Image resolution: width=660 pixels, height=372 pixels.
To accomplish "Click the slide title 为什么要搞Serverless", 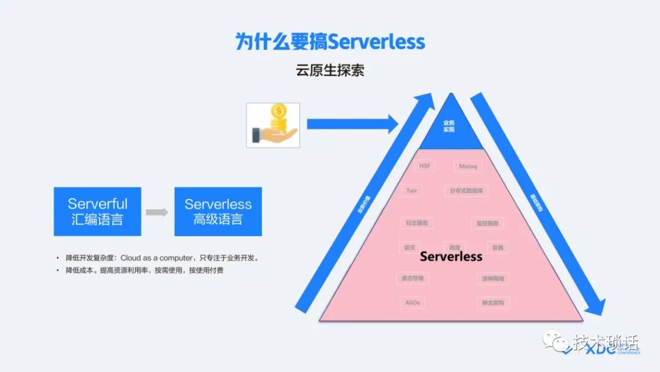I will [330, 42].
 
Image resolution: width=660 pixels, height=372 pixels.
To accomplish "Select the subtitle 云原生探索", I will [330, 70].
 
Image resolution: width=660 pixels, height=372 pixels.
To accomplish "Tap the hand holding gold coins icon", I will [273, 125].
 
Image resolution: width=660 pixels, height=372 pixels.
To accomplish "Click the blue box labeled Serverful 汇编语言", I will [97, 212].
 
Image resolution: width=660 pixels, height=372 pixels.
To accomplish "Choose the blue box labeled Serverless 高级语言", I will [218, 212].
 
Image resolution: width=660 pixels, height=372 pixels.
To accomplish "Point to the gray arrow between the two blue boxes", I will [157, 212].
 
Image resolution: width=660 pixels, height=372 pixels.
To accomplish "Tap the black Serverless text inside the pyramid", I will [452, 256].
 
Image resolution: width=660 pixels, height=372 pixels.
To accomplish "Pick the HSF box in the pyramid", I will [424, 166].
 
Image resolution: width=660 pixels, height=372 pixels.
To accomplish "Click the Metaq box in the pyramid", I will [468, 166].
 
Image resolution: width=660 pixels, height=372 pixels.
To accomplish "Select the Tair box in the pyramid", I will [412, 191].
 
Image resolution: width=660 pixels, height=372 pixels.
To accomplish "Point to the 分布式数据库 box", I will [466, 191].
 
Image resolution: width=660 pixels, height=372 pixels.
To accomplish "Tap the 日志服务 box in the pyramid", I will [416, 223].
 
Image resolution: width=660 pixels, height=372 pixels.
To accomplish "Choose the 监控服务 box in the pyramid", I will [488, 223].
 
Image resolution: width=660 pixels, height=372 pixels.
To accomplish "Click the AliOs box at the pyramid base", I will [413, 303].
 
